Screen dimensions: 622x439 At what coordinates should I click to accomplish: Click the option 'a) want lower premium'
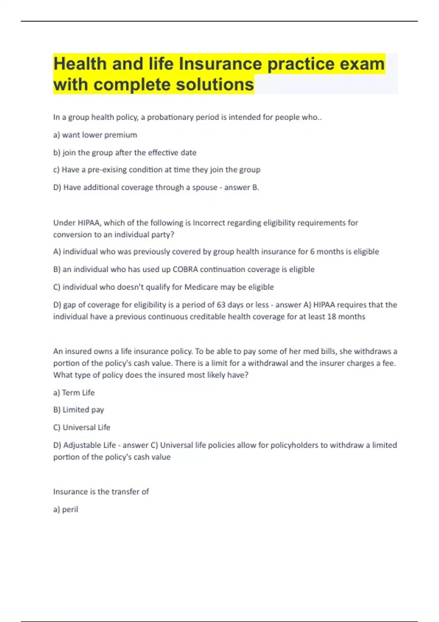pos(95,135)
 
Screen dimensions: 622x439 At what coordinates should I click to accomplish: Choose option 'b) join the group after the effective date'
pos(125,153)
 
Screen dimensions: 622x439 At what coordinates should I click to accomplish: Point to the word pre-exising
pos(107,170)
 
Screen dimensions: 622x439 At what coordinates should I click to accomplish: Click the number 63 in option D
pos(221,305)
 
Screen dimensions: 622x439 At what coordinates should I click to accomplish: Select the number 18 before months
pos(331,316)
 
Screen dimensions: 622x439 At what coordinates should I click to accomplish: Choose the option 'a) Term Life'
pos(74,393)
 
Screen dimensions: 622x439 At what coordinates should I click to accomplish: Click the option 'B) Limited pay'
pos(79,410)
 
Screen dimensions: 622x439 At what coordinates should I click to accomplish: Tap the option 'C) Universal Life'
pos(82,427)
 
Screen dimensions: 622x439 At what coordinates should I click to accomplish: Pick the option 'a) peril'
pos(66,509)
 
